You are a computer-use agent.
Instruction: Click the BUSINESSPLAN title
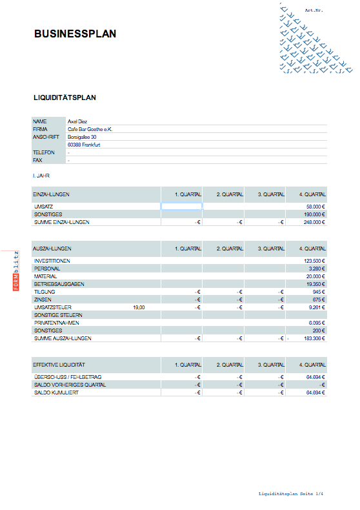(x=75, y=34)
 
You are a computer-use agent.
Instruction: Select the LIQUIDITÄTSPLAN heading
(x=65, y=97)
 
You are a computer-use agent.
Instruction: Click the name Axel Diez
(x=77, y=121)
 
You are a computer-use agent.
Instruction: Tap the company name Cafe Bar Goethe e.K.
(x=90, y=129)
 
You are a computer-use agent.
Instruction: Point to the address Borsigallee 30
(x=82, y=137)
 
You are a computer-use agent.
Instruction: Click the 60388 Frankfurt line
(x=84, y=145)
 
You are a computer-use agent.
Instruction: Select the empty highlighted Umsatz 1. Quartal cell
(x=181, y=207)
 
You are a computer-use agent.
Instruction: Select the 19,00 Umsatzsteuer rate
(x=139, y=307)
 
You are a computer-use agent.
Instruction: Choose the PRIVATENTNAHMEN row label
(x=54, y=323)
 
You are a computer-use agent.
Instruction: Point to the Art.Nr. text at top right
(x=313, y=11)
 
